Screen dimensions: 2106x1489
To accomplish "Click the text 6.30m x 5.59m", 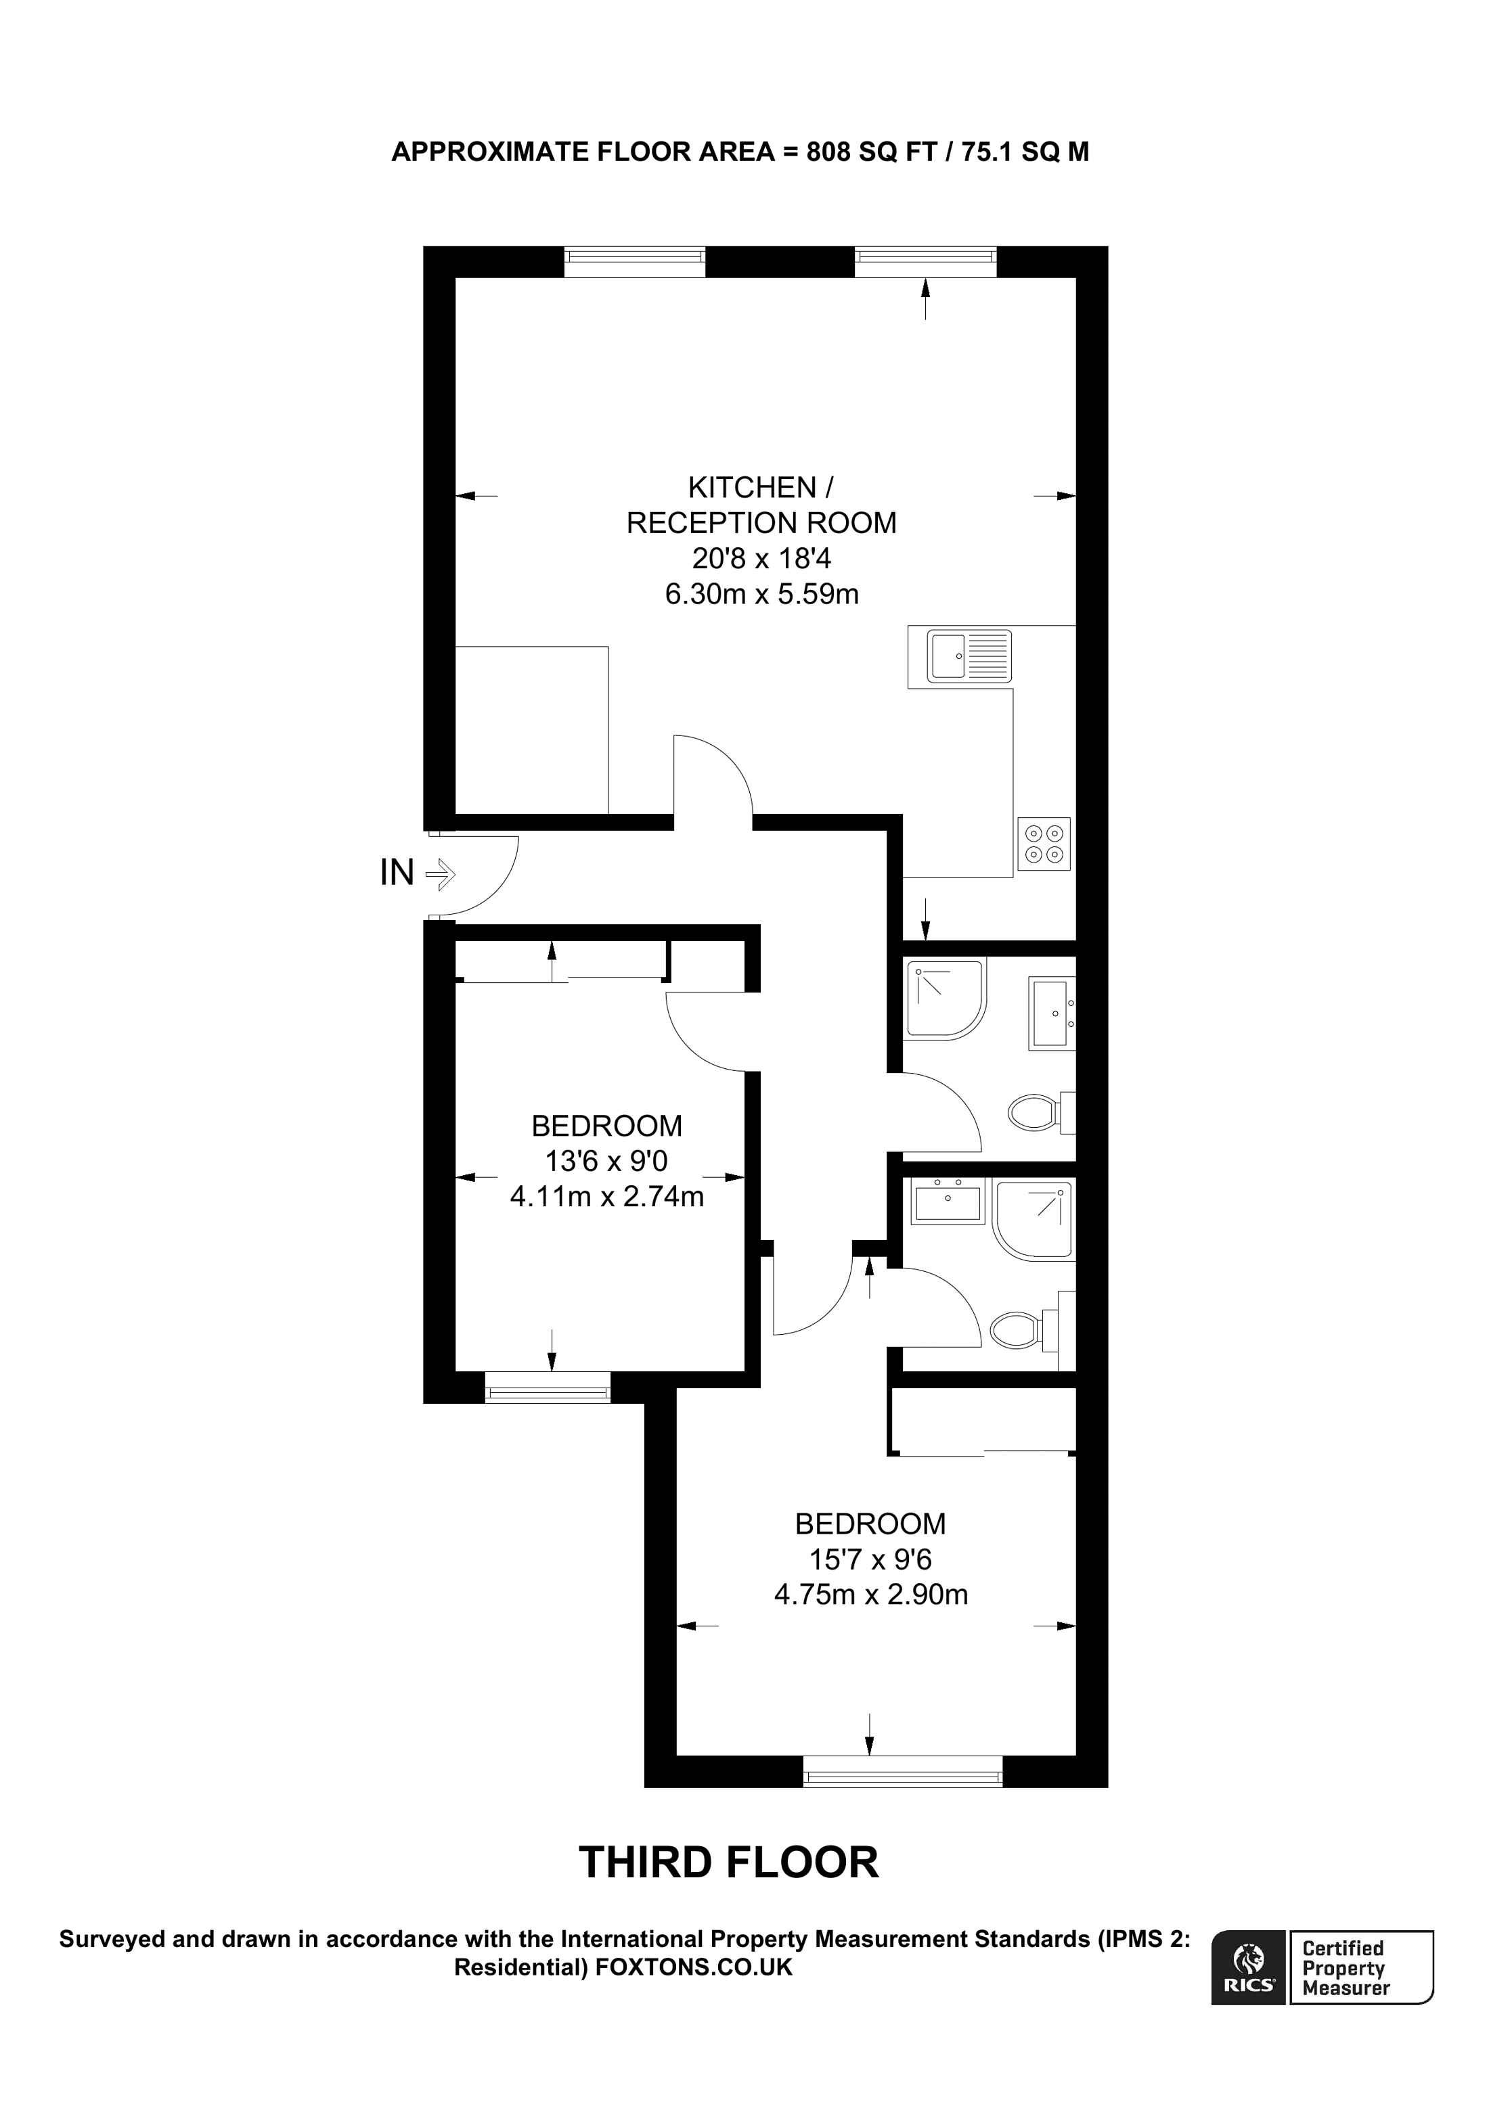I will click(x=761, y=595).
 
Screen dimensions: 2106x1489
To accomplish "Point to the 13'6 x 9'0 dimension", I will click(x=606, y=1161).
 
